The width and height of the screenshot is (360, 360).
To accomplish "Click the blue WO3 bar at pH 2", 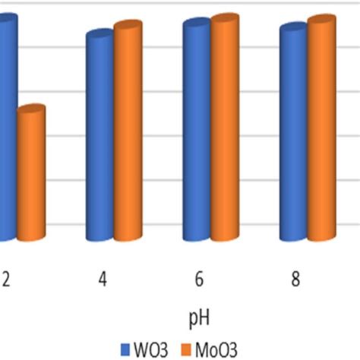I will tap(6, 129).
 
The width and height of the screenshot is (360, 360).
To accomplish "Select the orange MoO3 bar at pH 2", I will tap(32, 175).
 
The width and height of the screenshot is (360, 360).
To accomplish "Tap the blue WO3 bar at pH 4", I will tap(99, 137).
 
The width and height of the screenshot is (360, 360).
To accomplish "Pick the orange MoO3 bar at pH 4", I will tap(127, 133).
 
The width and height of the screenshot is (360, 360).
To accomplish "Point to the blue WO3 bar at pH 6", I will tap(196, 129).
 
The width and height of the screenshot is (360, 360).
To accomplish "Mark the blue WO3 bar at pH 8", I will tap(293, 133).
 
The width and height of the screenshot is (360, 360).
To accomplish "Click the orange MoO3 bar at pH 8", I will tap(321, 129).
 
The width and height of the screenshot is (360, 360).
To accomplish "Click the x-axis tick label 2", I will tap(5, 280).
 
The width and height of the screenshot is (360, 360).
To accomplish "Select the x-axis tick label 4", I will tap(102, 280).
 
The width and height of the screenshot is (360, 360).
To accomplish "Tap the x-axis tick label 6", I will tap(199, 280).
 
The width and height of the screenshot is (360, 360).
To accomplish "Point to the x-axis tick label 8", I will tap(296, 280).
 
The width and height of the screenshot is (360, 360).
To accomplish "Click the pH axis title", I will tap(199, 314).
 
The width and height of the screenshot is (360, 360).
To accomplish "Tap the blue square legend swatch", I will tap(126, 349).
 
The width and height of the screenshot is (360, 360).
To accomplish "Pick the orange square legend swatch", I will tap(183, 349).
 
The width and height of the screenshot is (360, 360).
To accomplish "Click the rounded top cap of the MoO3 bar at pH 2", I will tap(32, 111).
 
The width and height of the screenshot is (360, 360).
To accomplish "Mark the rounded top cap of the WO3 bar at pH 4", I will tap(99, 35).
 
